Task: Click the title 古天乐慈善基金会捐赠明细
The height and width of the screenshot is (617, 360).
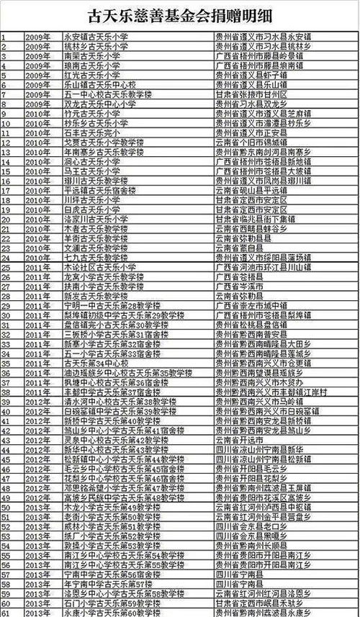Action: [179, 14]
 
